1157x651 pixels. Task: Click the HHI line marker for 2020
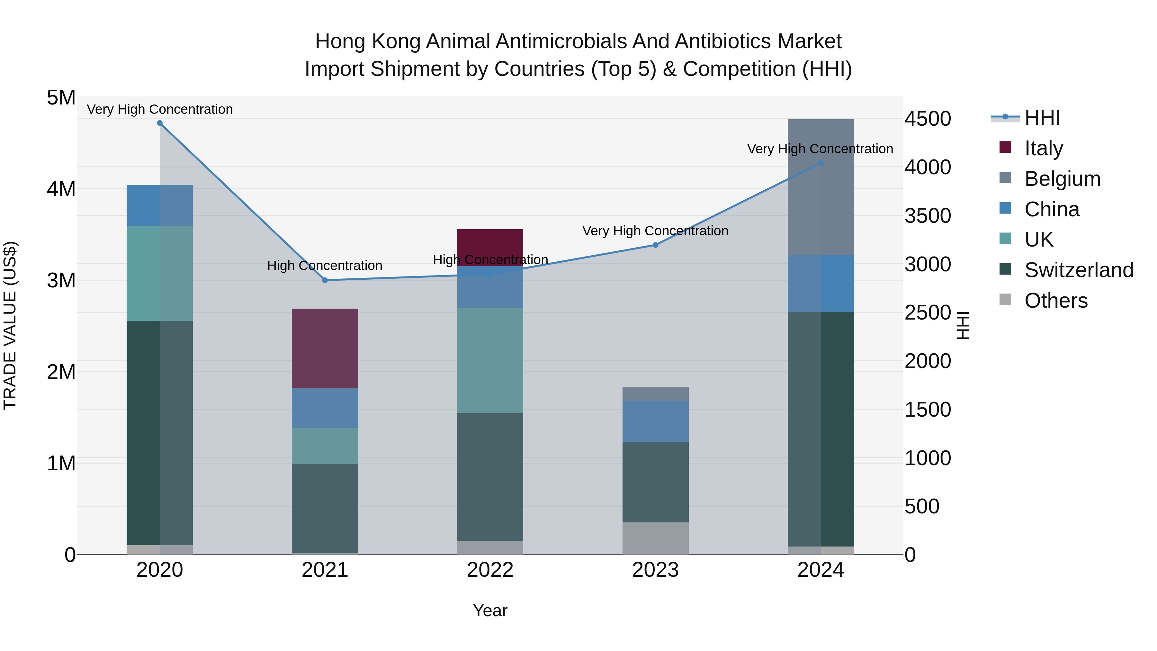[160, 123]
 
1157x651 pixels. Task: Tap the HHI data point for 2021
[325, 280]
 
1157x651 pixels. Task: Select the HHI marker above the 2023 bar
[655, 245]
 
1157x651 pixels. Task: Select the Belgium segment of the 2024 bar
[821, 187]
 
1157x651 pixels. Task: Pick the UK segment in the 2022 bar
[490, 360]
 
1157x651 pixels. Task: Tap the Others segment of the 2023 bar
[655, 538]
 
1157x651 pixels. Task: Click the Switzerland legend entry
[1078, 270]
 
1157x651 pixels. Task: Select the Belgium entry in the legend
[1062, 179]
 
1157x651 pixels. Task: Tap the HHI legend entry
[1042, 118]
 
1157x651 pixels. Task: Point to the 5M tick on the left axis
[61, 98]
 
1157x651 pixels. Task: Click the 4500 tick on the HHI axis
[928, 119]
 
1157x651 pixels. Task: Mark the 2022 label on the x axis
[490, 570]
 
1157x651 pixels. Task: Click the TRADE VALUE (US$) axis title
[10, 325]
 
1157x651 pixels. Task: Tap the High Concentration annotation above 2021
[325, 266]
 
